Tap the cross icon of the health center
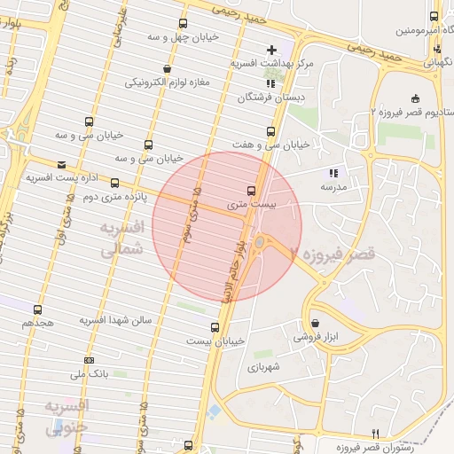coord(272,49)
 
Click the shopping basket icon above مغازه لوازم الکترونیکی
coord(168,68)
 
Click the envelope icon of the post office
coord(61,164)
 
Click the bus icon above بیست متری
coord(252,191)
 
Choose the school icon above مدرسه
coord(333,174)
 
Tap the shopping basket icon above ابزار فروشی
coord(316,324)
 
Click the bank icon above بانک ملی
coord(89,359)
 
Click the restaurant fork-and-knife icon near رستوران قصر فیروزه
coord(375,433)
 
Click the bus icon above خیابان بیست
coord(215,327)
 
